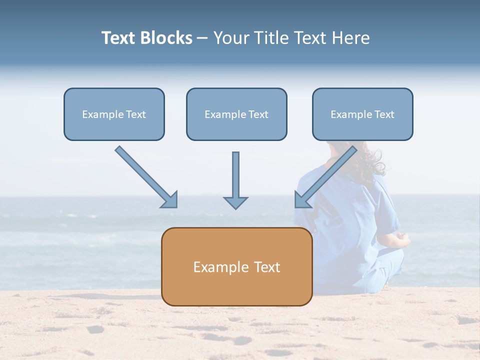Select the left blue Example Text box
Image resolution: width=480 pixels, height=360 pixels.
(x=114, y=114)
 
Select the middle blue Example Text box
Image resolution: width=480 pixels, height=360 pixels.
(x=236, y=114)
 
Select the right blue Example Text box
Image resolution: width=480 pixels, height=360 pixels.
(x=362, y=114)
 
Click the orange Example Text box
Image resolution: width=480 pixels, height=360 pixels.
(x=236, y=267)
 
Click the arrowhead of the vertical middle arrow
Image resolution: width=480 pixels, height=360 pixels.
(x=235, y=202)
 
